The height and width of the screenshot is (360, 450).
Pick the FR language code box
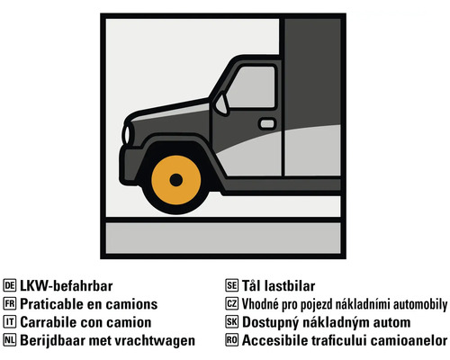(10, 304)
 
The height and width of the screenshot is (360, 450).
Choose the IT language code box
(10, 322)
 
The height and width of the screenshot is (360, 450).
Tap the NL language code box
(10, 340)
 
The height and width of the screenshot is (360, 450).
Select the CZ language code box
(231, 304)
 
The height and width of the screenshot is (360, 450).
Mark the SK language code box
(231, 322)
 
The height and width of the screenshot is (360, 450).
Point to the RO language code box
(231, 340)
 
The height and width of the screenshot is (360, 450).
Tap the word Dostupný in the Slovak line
(272, 322)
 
